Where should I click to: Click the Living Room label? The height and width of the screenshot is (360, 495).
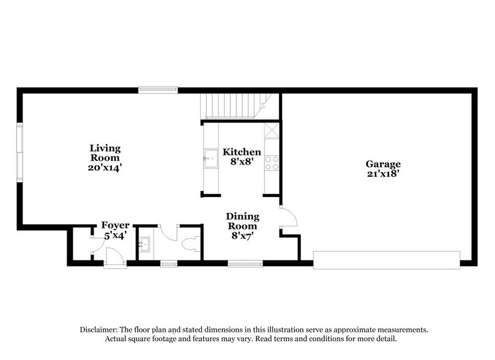105,157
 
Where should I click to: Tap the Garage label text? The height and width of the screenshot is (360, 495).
383,163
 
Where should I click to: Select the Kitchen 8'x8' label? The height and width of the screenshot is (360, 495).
242,157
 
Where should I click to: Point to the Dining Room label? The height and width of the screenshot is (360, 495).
242,226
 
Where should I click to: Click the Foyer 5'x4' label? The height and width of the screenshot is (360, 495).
115,229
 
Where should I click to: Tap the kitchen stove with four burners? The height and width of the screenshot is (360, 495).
271,162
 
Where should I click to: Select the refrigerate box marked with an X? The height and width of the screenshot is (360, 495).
271,131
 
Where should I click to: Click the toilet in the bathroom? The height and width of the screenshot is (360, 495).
190,244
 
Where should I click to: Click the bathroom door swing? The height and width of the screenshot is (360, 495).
169,233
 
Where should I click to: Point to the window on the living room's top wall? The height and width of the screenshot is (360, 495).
157,90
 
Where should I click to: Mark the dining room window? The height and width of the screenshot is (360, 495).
245,264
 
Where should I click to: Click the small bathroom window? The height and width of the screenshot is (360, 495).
168,264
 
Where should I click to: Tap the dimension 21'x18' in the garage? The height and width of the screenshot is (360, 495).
383,173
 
